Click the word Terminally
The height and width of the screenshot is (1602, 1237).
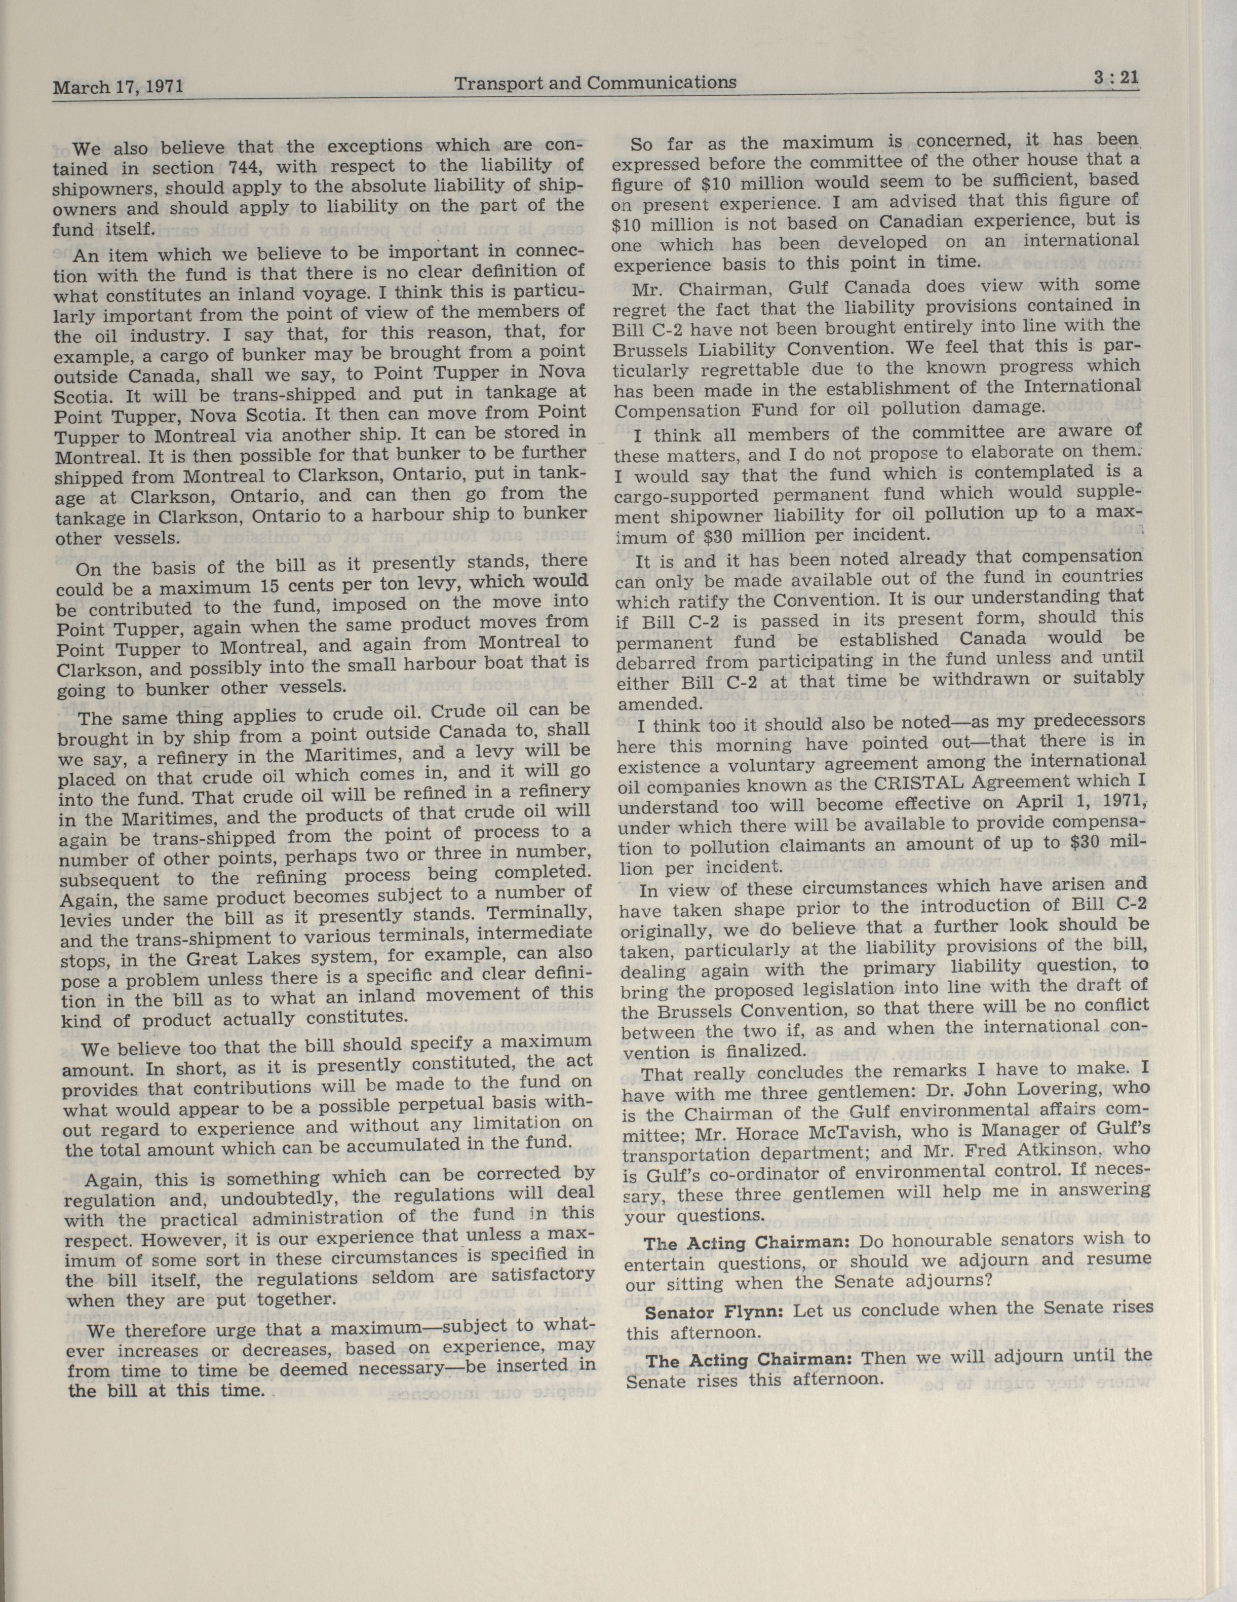pyautogui.click(x=541, y=913)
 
